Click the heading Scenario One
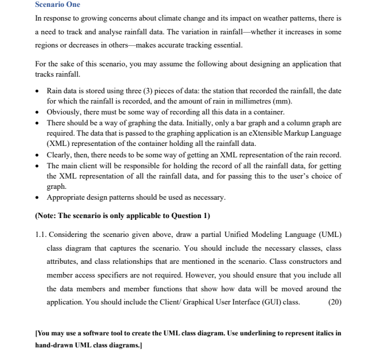pyautogui.click(x=58, y=5)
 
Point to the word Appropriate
pyautogui.click(x=68, y=197)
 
